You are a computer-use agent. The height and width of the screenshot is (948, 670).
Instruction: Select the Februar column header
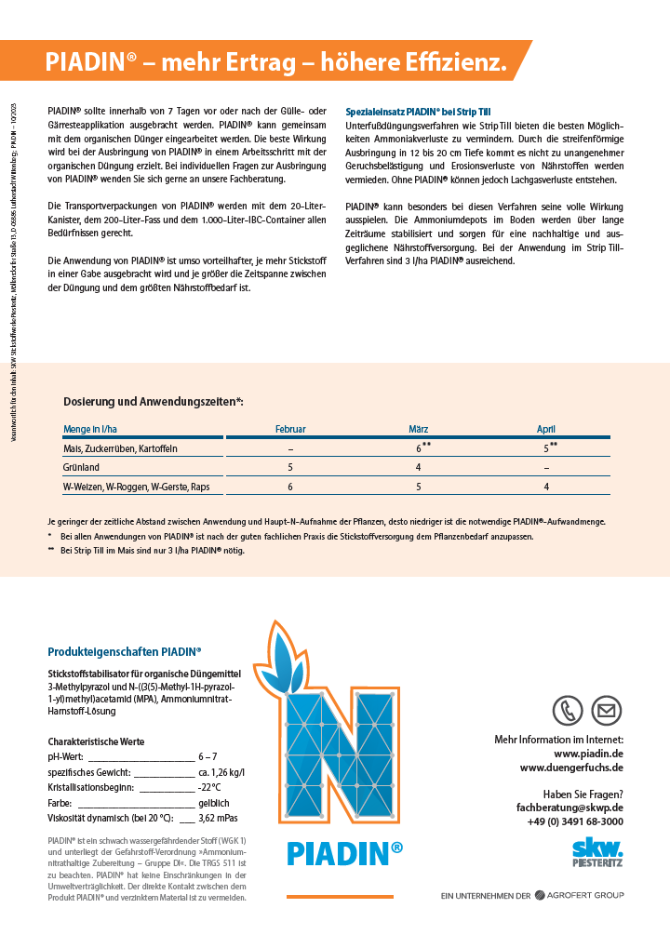(290, 429)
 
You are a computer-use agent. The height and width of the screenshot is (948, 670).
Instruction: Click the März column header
(418, 429)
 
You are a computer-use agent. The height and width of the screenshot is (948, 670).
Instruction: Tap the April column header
(546, 429)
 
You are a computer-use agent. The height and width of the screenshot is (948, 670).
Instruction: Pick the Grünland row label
(82, 467)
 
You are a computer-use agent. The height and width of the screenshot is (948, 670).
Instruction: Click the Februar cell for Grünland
(290, 467)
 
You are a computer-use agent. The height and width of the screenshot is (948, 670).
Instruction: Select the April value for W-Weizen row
(546, 487)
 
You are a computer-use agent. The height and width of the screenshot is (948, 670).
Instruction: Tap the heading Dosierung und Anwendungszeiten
(154, 401)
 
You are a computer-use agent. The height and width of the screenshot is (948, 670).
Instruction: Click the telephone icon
(567, 711)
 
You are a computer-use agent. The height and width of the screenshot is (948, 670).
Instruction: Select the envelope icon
(607, 711)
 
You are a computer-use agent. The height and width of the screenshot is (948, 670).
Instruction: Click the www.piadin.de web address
(588, 753)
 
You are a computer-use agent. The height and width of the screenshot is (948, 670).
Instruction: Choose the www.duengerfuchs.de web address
(571, 768)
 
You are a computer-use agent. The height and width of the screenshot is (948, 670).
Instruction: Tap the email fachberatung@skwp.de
(569, 808)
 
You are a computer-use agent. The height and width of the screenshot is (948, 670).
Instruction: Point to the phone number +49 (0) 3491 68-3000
(575, 821)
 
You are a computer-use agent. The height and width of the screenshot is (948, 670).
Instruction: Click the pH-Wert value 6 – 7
(208, 757)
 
